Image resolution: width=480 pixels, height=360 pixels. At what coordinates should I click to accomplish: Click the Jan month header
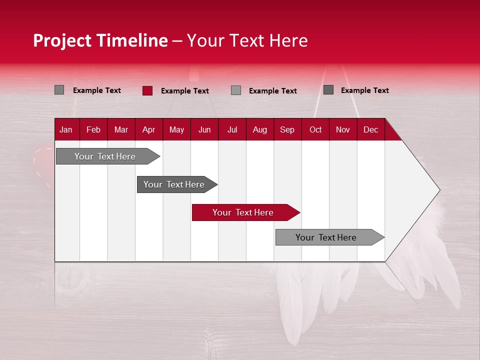click(x=66, y=129)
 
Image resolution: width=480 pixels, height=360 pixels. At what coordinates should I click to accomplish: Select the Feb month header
click(x=93, y=129)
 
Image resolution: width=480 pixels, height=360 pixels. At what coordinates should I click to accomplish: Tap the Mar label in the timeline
click(x=121, y=129)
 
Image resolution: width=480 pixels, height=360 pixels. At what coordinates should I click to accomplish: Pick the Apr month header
click(x=148, y=129)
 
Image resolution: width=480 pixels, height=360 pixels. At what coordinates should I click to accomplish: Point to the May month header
click(x=176, y=129)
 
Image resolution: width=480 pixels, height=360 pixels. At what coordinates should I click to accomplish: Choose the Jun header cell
click(x=204, y=129)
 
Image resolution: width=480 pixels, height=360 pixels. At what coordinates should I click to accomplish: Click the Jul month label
click(x=232, y=129)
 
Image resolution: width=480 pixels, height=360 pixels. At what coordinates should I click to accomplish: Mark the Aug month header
click(x=259, y=129)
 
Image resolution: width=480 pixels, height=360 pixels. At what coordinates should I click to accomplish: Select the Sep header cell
click(x=287, y=129)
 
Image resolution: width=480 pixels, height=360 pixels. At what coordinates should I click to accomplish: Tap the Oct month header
click(x=315, y=129)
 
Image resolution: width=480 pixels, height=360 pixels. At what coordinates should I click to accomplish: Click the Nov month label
click(x=343, y=129)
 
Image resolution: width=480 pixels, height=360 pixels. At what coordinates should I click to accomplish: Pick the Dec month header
click(x=370, y=129)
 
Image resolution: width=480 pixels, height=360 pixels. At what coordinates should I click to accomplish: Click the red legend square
click(x=147, y=90)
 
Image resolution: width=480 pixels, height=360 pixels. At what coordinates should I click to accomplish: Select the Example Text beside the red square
click(x=185, y=91)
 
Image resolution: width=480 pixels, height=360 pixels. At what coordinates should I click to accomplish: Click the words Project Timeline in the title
click(x=100, y=40)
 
